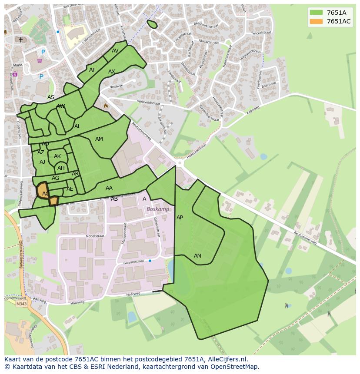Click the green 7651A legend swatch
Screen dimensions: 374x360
point(316,13)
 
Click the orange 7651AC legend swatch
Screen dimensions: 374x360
point(316,22)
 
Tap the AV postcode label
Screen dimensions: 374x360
point(115,51)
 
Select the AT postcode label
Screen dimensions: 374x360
point(92,70)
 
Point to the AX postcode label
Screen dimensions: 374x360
point(112,72)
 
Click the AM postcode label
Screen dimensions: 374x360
point(99,139)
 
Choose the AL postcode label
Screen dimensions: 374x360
point(77,127)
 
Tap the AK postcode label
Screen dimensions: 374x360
point(57,156)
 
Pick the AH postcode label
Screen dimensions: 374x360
point(61,168)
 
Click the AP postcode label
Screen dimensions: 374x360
point(180,218)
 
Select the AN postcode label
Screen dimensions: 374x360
point(197,256)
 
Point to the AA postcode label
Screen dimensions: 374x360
point(109,188)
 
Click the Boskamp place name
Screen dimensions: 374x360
point(157,209)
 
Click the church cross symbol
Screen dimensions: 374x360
point(20,40)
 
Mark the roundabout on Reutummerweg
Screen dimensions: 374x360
point(180,163)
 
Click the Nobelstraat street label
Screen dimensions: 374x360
point(95,236)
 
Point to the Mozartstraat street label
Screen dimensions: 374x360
point(208,42)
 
